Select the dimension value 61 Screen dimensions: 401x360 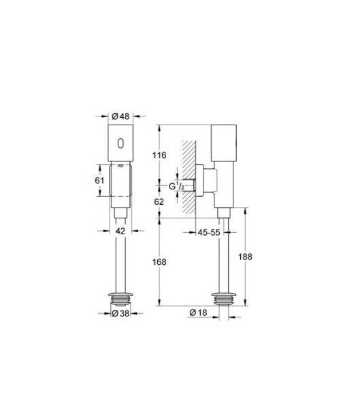click(x=99, y=180)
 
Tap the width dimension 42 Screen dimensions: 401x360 click(x=120, y=231)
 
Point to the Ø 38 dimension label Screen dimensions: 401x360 click(x=120, y=314)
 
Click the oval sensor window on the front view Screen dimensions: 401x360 click(x=121, y=144)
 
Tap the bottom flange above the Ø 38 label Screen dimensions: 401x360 click(x=120, y=298)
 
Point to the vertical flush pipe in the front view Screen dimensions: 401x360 click(x=120, y=259)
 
